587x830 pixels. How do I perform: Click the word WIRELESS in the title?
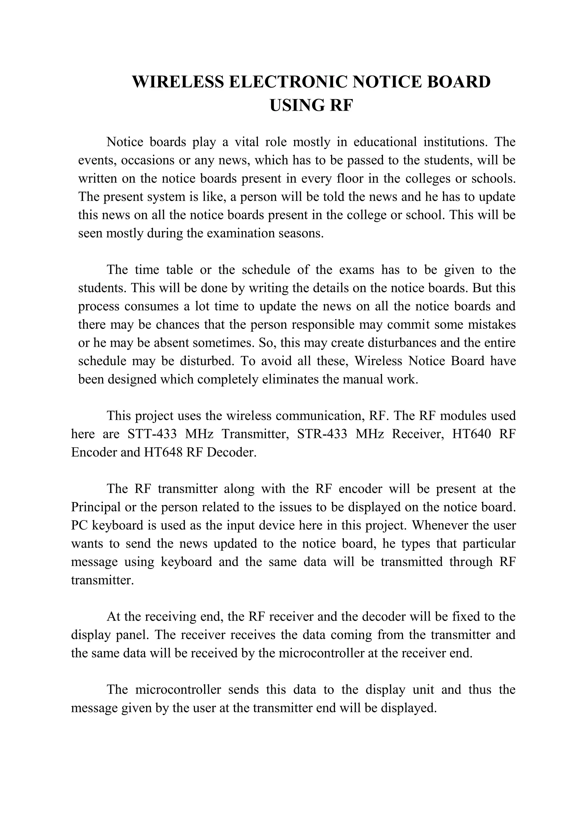179,82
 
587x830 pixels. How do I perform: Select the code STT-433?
152,434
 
